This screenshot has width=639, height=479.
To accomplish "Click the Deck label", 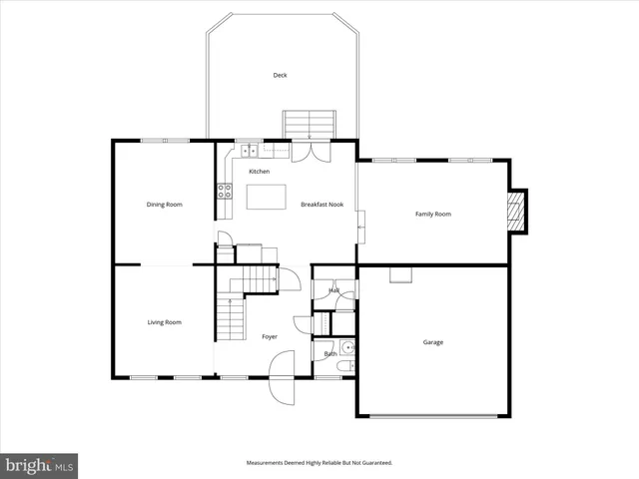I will [280, 75].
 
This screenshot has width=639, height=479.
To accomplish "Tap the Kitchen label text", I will [259, 172].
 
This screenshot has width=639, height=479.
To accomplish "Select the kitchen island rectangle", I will [267, 197].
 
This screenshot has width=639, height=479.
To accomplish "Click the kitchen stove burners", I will [224, 192].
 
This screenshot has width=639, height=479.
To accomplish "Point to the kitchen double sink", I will [249, 151].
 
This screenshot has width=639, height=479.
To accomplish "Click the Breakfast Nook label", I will [321, 205].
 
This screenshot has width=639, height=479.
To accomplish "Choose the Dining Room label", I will [165, 205].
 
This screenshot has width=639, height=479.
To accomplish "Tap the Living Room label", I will [165, 322].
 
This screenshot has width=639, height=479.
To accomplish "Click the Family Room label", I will [433, 214].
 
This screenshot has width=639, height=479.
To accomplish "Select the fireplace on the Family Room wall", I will [516, 211].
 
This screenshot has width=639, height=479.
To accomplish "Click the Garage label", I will [433, 342].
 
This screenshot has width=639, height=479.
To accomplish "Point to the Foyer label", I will [270, 337].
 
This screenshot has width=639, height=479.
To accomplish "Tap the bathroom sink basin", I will [345, 348].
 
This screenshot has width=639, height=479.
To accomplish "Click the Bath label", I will [329, 354].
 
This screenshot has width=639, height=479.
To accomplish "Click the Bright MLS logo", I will [40, 465].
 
